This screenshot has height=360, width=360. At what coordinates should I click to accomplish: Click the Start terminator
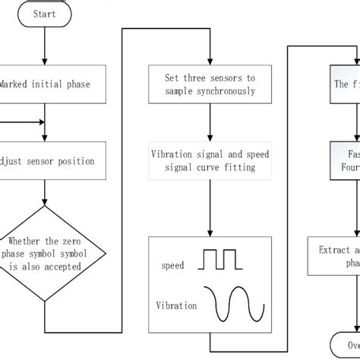pyautogui.click(x=46, y=13)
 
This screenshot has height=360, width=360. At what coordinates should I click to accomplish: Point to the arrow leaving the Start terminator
pyautogui.click(x=46, y=44)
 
